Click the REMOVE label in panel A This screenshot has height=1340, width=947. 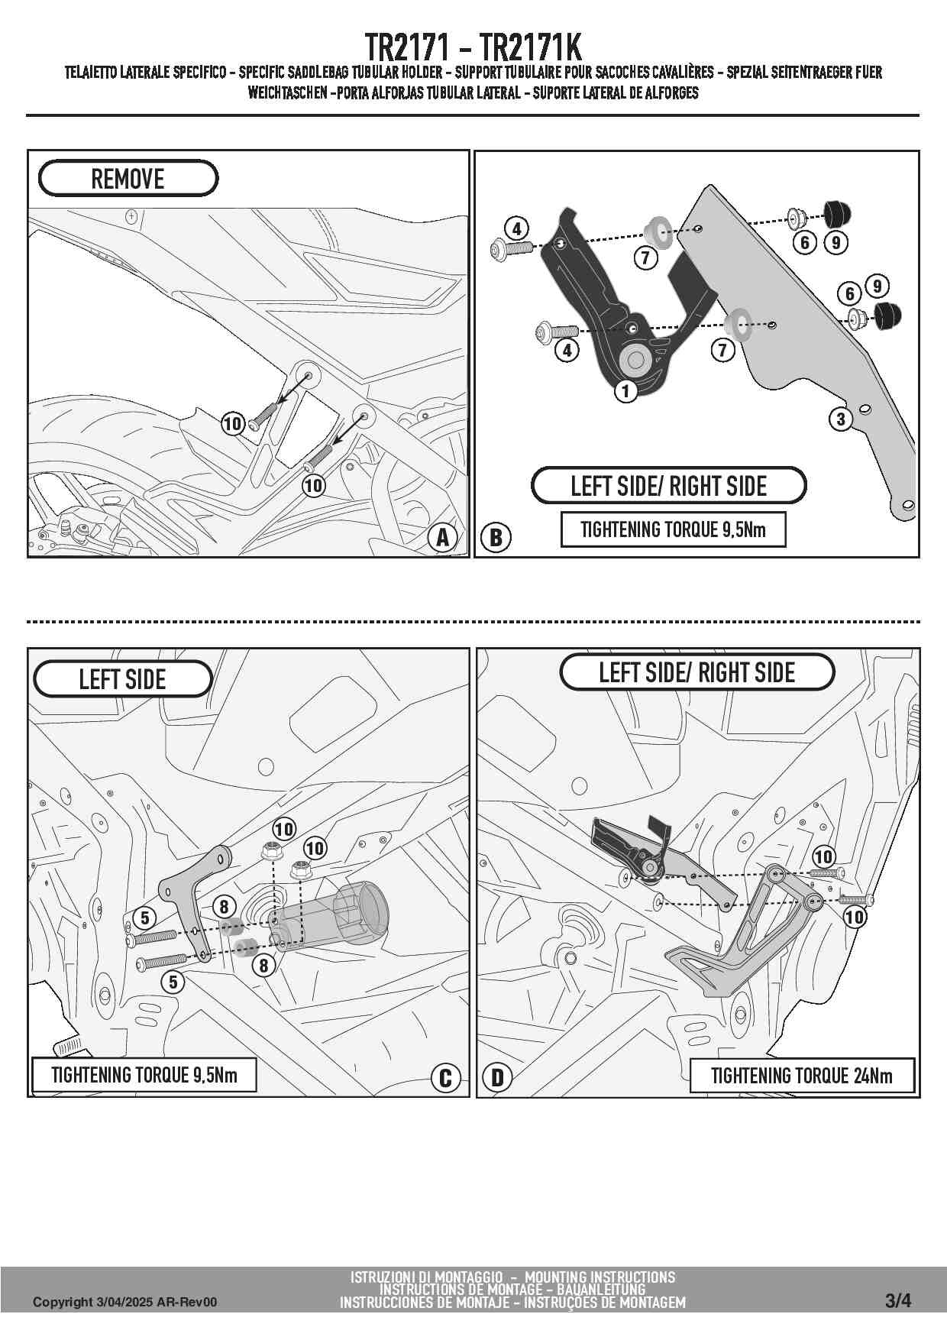(x=128, y=179)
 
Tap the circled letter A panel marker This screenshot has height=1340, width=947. (x=443, y=538)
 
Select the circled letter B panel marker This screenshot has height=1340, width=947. (x=496, y=538)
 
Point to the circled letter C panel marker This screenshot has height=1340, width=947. (x=445, y=1078)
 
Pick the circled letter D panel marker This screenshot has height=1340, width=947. (x=497, y=1078)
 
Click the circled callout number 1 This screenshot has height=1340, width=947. (x=626, y=392)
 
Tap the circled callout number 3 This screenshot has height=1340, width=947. (x=841, y=419)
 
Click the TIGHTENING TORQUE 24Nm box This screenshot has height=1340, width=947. (x=802, y=1076)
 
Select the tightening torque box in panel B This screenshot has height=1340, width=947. (x=673, y=529)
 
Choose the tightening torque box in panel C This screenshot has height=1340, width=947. (x=144, y=1075)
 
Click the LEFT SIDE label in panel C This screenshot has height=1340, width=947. (x=122, y=679)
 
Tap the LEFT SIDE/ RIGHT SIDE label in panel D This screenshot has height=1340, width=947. (x=697, y=672)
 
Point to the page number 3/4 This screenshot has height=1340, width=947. (x=898, y=1301)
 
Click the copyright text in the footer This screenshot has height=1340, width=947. (x=124, y=1302)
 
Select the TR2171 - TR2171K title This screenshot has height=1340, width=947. (x=473, y=47)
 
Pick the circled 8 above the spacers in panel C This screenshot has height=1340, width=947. (x=224, y=907)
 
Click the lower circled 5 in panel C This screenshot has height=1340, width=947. (x=173, y=982)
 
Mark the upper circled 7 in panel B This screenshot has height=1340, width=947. (x=645, y=258)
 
